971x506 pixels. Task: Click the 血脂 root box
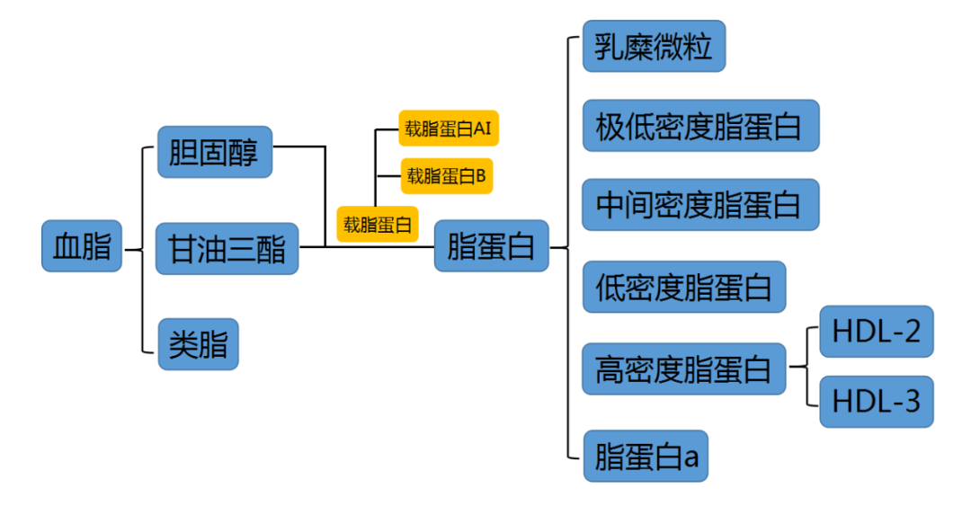pos(82,245)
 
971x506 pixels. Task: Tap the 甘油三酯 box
pos(227,249)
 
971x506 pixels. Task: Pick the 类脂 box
pos(199,343)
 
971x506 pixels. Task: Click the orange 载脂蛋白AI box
pos(448,129)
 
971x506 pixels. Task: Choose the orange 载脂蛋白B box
pos(446,176)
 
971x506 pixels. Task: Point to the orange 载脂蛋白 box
pos(379,224)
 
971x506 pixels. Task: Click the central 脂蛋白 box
pos(491,245)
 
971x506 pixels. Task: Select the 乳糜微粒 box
pos(653,46)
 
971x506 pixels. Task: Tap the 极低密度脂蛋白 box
pos(699,125)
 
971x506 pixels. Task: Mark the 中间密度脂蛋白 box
pos(699,205)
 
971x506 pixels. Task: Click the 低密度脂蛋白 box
pos(683,287)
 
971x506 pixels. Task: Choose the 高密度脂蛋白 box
pos(683,368)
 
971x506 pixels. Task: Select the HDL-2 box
pos(876,331)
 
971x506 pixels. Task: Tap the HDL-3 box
pos(876,401)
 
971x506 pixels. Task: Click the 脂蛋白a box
pos(645,457)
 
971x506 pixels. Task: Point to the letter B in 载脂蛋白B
pos(481,176)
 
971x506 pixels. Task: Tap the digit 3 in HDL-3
pos(911,401)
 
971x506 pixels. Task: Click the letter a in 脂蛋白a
pos(690,457)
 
